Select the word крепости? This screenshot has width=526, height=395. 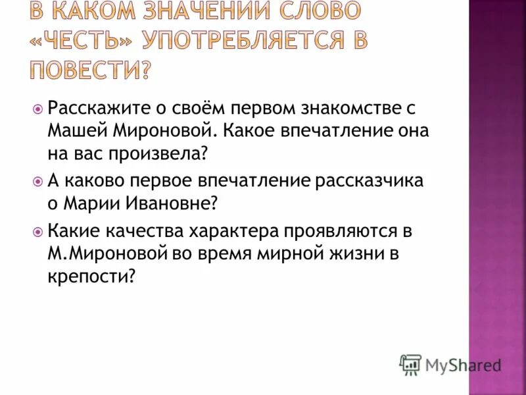tap(91, 277)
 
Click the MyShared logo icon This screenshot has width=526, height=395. tap(411, 364)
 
